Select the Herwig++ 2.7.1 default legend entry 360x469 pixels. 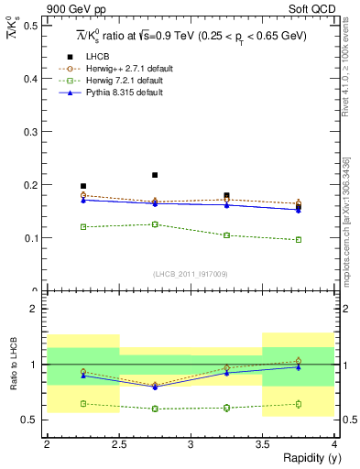tap(120, 69)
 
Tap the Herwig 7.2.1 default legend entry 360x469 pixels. tap(118, 80)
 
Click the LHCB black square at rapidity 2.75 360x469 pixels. tap(155, 175)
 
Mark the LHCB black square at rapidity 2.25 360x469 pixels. tap(83, 186)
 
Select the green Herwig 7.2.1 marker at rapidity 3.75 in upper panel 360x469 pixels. tap(299, 240)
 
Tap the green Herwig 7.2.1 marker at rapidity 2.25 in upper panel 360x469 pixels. tap(83, 226)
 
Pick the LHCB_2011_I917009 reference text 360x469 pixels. tap(191, 274)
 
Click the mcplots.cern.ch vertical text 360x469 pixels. tap(346, 229)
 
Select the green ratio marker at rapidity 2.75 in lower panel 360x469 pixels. tap(155, 409)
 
